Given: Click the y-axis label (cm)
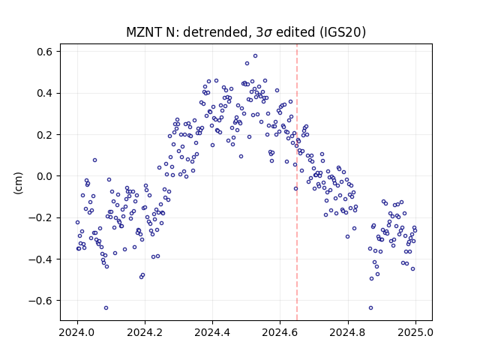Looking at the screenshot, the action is coord(18,183).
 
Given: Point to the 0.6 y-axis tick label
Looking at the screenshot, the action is coord(45,52).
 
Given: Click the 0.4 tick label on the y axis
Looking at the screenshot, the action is coord(45,93).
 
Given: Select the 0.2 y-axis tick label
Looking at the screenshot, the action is coord(45,135).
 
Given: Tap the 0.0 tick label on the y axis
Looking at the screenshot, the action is coord(45,176).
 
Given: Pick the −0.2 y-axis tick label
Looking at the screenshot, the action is coord(40,217).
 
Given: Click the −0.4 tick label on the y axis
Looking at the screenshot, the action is coord(40,259).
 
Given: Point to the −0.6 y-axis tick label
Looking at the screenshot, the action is coord(40,301).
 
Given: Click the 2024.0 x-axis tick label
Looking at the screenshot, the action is coord(77,332).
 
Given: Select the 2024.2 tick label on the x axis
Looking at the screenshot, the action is coord(145,332).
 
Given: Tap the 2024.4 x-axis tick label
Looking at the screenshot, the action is coord(212,332).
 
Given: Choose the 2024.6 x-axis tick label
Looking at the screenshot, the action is coord(280,332).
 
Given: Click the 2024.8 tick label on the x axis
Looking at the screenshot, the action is coord(348,332).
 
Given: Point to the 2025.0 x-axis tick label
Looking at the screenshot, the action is coord(415,332).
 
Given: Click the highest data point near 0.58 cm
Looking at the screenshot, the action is coord(255,55).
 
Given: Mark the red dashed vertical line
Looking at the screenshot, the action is coord(297,182).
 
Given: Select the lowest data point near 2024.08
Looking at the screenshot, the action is coord(106,307).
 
